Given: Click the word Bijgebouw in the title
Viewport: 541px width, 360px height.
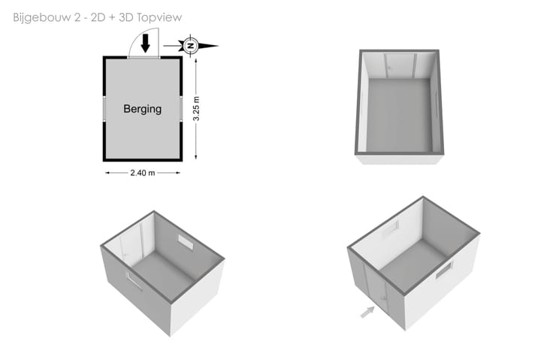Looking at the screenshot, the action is pyautogui.click(x=42, y=17).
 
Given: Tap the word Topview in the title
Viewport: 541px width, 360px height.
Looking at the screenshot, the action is pyautogui.click(x=159, y=17).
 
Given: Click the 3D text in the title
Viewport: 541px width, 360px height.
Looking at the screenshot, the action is pyautogui.click(x=126, y=17).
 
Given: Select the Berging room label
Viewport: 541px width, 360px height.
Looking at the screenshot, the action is pyautogui.click(x=143, y=109).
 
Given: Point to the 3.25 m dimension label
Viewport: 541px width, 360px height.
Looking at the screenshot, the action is pyautogui.click(x=196, y=109).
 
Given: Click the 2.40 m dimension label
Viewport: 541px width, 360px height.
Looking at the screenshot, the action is pyautogui.click(x=143, y=173).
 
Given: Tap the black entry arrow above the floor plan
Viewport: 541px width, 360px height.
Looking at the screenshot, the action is pyautogui.click(x=146, y=43).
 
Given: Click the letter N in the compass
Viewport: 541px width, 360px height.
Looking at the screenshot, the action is pyautogui.click(x=190, y=46).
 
